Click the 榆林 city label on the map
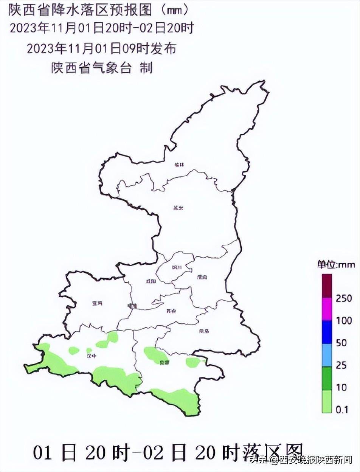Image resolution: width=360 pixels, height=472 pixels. point(179,165)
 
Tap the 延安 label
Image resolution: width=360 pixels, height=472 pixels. point(178,208)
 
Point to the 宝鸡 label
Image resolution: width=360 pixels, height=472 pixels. point(97,303)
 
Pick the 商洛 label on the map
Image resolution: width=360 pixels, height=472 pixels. point(204,331)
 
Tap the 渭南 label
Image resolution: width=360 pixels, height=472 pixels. point(202,277)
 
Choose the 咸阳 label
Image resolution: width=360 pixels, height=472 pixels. point(151,281)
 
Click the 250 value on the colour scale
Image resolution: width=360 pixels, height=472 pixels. point(344,298)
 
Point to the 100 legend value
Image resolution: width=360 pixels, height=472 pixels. point(344,321)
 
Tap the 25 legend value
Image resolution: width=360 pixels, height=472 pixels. point(341,365)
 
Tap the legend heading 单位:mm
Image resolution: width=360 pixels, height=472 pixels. point(336,265)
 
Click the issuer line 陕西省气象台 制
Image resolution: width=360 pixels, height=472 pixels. point(102,68)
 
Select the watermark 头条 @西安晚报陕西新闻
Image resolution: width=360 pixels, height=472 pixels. point(301,460)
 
